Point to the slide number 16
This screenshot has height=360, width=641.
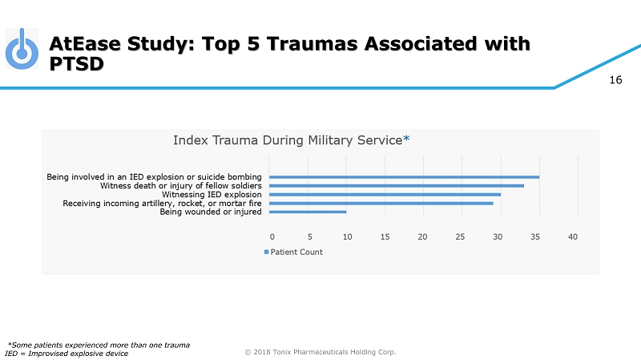click(616, 79)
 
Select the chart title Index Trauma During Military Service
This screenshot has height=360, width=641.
click(287, 140)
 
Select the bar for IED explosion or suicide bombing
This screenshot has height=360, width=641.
click(404, 176)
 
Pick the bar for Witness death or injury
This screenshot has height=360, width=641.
click(396, 185)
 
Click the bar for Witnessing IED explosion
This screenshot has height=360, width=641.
click(385, 194)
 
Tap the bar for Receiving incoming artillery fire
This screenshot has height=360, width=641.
click(381, 204)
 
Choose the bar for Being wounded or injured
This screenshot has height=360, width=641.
click(308, 212)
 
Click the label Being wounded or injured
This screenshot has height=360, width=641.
click(211, 212)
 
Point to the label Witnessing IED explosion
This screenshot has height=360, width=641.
click(212, 194)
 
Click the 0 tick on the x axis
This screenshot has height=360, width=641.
click(272, 237)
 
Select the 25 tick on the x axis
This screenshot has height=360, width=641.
click(459, 237)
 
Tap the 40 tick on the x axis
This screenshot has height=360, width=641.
click(572, 237)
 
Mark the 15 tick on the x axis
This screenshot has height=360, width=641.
click(385, 237)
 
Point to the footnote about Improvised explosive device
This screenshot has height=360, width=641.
click(67, 354)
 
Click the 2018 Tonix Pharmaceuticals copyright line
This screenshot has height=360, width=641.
click(320, 351)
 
